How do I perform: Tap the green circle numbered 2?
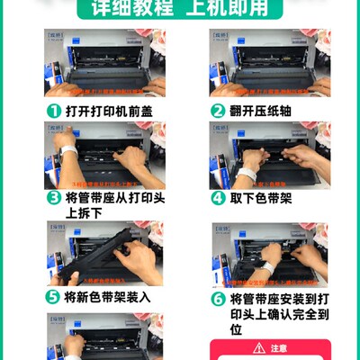click(x=217, y=111)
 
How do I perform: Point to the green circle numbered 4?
click(x=217, y=197)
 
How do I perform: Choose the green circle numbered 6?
click(x=217, y=298)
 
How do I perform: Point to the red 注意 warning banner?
click(x=270, y=348)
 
